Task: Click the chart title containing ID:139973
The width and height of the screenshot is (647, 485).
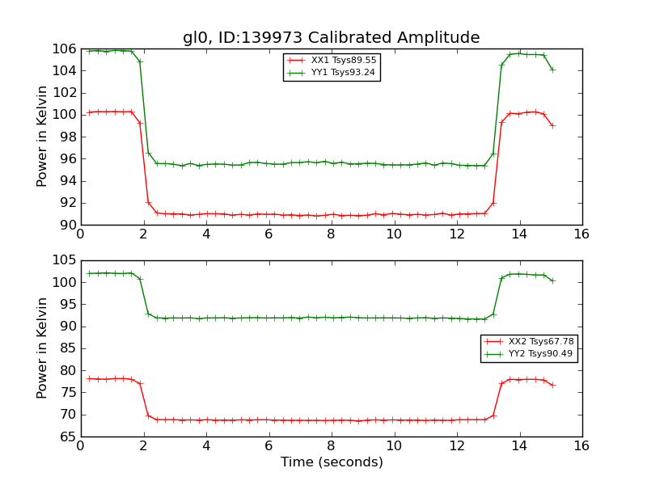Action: [x=331, y=38]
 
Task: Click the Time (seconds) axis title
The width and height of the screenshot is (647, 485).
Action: [x=332, y=462]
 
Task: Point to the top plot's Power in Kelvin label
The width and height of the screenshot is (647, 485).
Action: [x=43, y=137]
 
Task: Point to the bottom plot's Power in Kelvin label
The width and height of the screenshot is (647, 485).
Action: [x=43, y=348]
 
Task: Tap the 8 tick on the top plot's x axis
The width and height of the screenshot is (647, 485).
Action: [x=332, y=234]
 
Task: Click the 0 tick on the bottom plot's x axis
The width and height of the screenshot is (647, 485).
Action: [x=81, y=446]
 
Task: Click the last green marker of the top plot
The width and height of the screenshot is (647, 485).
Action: [x=552, y=70]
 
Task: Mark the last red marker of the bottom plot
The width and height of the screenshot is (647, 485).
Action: [x=552, y=385]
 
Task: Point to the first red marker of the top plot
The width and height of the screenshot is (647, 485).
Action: [x=89, y=112]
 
